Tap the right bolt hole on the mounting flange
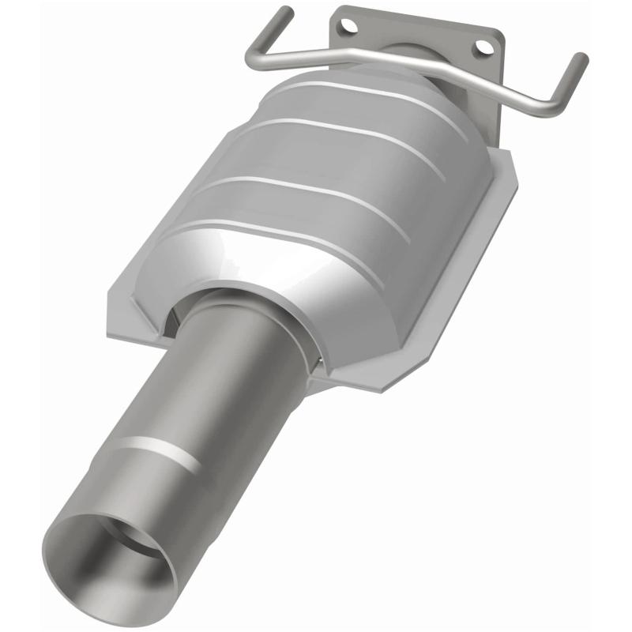[479, 49]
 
